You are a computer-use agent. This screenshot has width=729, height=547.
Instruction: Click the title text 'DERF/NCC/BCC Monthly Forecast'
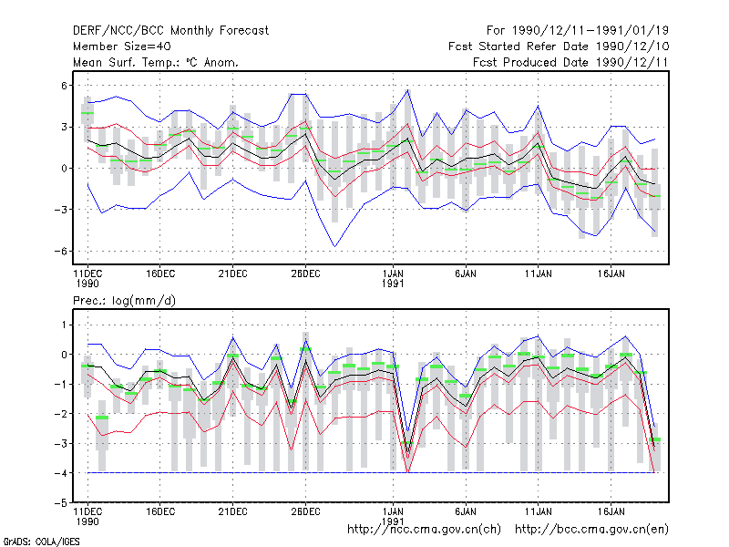tap(170, 31)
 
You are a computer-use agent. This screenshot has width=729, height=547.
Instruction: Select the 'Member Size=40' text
tap(122, 46)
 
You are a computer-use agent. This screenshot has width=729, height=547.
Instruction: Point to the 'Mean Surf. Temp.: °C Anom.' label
tap(156, 62)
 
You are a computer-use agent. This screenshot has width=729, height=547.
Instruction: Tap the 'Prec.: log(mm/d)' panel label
tap(124, 301)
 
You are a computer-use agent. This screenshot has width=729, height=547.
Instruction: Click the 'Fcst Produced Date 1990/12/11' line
tap(570, 62)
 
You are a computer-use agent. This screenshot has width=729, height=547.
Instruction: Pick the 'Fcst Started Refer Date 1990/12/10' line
tap(559, 46)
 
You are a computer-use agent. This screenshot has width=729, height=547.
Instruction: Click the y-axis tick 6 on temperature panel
tap(64, 86)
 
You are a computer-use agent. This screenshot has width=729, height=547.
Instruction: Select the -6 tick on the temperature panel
tap(60, 252)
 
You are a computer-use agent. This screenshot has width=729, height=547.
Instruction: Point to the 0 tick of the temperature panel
tap(64, 169)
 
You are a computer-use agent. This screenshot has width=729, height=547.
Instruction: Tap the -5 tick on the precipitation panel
tap(60, 503)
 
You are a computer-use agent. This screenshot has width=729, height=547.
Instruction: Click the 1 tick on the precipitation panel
tap(64, 325)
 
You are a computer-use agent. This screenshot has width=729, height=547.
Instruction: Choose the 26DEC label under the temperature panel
tap(305, 273)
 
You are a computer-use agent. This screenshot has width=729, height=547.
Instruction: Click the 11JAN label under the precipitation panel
tap(538, 511)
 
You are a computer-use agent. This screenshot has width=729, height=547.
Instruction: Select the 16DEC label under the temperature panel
tap(160, 273)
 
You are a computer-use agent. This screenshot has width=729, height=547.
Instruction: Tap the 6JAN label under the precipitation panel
tap(466, 511)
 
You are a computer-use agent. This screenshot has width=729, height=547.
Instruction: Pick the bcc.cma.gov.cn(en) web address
tap(591, 530)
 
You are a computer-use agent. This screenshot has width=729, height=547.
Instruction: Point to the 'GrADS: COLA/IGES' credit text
tap(41, 542)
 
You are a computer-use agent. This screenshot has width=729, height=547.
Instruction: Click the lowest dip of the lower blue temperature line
tap(334, 246)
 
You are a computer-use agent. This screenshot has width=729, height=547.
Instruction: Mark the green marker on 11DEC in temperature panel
tap(87, 113)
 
